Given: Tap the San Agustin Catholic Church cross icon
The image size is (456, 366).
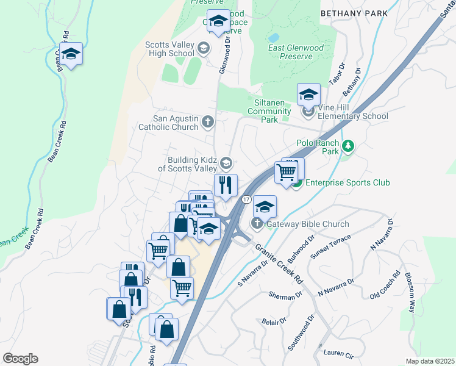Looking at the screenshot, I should [x=207, y=122].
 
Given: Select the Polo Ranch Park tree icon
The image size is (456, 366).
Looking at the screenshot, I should [x=347, y=146].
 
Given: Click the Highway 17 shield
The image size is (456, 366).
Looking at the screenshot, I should [x=246, y=199].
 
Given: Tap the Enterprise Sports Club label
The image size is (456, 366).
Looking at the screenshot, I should [x=347, y=182].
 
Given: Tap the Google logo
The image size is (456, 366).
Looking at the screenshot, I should [x=20, y=359].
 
